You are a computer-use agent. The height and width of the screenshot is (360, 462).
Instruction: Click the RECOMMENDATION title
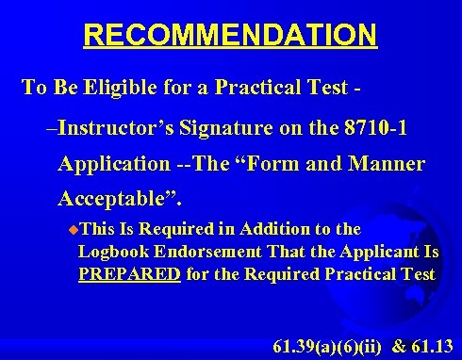230,36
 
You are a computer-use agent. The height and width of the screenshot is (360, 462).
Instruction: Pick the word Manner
388,163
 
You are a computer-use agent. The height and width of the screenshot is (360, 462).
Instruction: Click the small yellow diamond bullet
74,229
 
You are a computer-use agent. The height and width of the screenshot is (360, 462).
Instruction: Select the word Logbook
112,252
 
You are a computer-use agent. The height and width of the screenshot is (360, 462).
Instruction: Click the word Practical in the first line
259,88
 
